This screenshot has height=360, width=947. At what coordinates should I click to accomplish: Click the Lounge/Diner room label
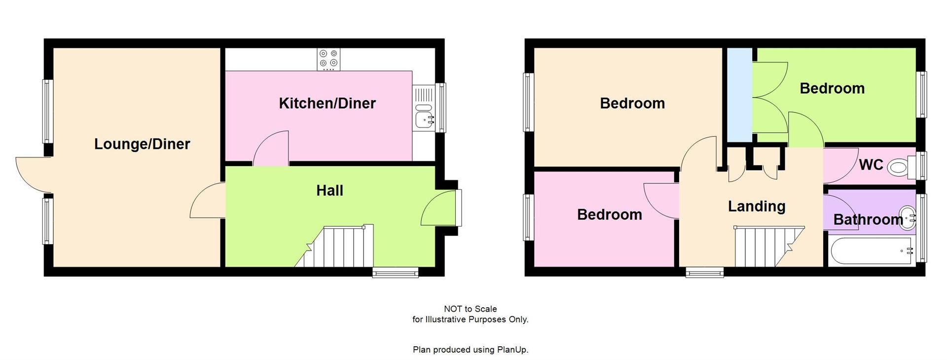[x=142, y=144]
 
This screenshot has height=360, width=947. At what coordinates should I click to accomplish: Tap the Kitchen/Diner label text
[x=327, y=103]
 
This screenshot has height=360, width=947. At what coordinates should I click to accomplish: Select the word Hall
[x=329, y=190]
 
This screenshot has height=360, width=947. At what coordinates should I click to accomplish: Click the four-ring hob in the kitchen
[x=328, y=58]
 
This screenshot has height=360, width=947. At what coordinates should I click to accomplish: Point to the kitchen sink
[x=424, y=118]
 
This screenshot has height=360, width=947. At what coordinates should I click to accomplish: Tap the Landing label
[x=757, y=206]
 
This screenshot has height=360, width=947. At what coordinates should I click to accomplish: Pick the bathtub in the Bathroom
[x=871, y=251]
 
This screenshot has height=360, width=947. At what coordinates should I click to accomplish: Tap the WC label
[x=871, y=165]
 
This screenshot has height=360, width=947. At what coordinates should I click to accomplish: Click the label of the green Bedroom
[x=832, y=88]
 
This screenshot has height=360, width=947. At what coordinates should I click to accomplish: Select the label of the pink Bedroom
[x=609, y=215]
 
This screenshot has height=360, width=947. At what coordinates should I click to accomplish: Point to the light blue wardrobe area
[x=739, y=94]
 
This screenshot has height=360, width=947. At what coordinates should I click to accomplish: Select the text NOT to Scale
[x=470, y=309]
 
